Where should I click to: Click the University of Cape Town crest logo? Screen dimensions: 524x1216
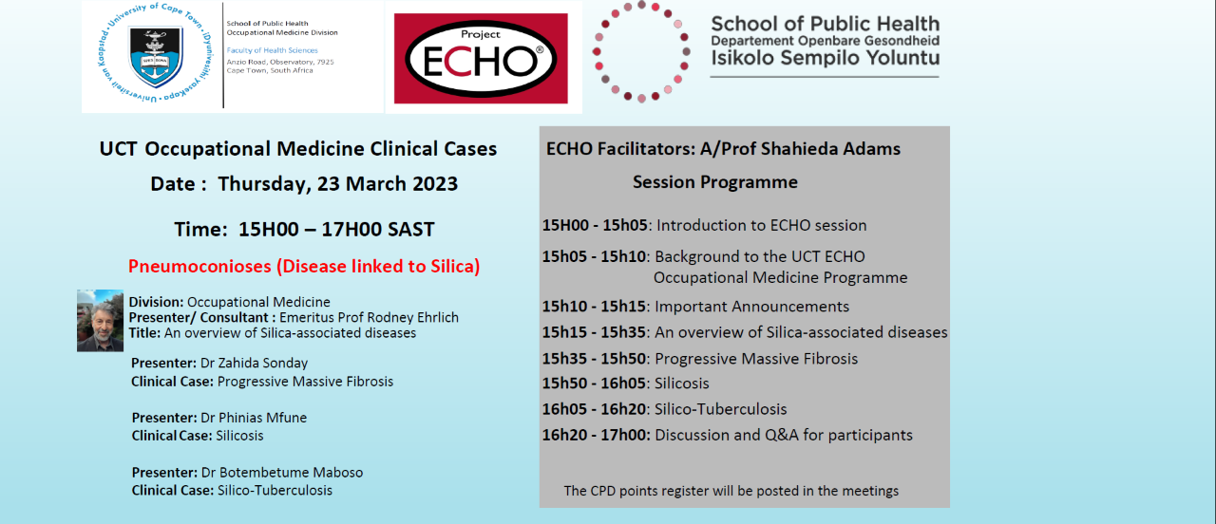coord(153,55)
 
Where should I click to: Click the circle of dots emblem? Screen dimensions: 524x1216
coord(640,51)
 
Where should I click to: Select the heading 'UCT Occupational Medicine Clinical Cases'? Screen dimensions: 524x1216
coord(298,149)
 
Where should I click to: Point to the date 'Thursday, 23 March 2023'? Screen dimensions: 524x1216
coord(337,184)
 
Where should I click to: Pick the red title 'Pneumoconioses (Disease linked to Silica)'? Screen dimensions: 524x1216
coord(304,266)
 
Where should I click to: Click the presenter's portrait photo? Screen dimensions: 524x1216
coord(100,321)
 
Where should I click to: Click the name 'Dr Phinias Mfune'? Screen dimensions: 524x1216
coord(252,419)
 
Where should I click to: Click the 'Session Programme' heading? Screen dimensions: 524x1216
coord(715,182)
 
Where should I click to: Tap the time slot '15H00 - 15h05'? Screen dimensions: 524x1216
coord(595,226)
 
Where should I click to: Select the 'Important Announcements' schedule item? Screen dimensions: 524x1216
coord(752,307)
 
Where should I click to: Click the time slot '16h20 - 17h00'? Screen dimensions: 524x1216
coord(595,436)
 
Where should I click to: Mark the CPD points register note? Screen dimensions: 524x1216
coord(731,491)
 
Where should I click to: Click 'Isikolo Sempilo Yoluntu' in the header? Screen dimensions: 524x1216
coord(825,60)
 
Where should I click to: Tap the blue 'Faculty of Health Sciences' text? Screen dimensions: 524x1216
coord(272,50)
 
